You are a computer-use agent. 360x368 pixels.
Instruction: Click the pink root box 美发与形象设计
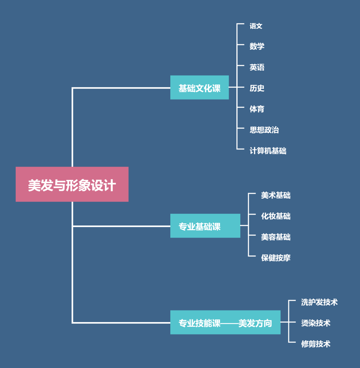(x=72, y=184)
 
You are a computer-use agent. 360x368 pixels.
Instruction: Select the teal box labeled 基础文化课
(x=199, y=88)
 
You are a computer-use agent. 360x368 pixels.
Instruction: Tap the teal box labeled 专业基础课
(x=205, y=226)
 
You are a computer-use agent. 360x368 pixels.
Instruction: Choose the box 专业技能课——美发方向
(x=225, y=322)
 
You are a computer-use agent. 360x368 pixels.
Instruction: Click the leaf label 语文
(x=256, y=26)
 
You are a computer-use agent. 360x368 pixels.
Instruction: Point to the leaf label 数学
(x=257, y=47)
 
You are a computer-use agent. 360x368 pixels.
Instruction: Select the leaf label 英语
(x=257, y=67)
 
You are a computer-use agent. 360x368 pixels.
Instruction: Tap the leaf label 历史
(x=257, y=88)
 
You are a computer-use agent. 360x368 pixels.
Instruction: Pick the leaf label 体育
(x=257, y=109)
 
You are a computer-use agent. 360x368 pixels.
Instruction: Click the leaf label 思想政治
(x=264, y=130)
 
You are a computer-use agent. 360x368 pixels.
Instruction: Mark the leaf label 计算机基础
(x=268, y=151)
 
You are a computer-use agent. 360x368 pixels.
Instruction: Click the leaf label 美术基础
(x=276, y=195)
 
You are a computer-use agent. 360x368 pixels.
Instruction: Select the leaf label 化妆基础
(x=276, y=216)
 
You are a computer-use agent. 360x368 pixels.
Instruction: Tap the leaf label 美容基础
(x=276, y=237)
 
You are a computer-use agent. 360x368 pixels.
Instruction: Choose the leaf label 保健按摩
(x=276, y=258)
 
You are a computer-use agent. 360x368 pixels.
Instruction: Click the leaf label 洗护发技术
(x=319, y=302)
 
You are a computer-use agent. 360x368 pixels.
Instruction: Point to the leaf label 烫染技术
(x=316, y=323)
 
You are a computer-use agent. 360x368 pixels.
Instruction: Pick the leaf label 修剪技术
(x=316, y=344)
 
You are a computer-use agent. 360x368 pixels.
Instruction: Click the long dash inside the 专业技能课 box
(x=229, y=323)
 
